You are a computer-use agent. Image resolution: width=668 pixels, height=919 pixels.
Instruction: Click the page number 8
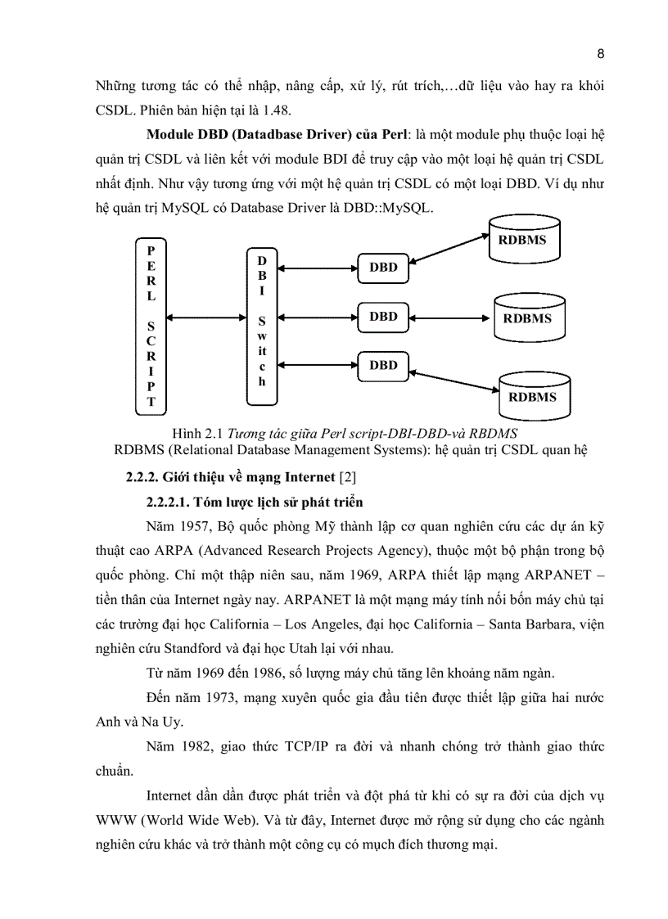click(600, 55)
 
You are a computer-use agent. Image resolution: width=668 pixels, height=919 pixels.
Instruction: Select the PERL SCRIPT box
click(151, 325)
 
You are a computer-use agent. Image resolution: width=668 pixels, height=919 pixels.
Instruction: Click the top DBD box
click(383, 267)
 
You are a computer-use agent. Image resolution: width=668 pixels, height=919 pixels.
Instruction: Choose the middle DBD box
click(383, 316)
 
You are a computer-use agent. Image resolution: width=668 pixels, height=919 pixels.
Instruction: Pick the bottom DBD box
click(383, 365)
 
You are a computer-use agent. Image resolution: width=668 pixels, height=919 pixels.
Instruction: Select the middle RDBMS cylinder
click(527, 318)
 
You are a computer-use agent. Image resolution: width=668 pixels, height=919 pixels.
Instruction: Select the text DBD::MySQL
click(385, 208)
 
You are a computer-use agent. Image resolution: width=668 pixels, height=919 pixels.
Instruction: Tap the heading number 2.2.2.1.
click(175, 502)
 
